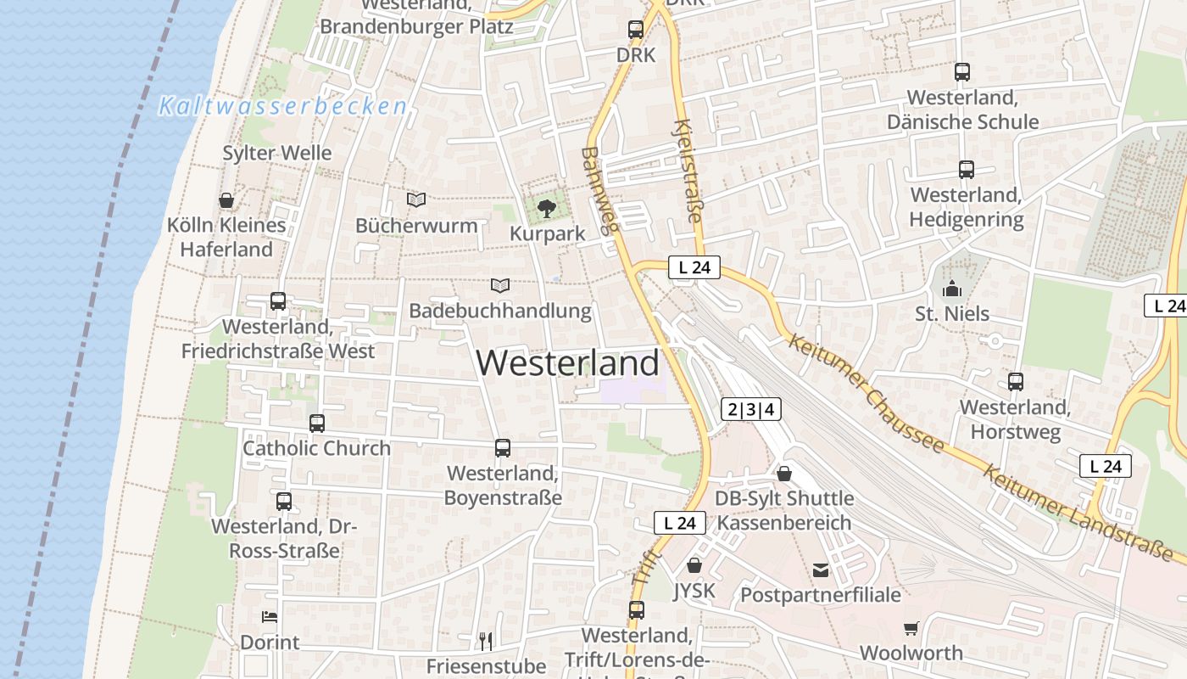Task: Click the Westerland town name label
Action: pyautogui.click(x=567, y=363)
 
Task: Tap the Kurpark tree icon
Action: pyautogui.click(x=547, y=208)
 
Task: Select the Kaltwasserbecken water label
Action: pyautogui.click(x=283, y=106)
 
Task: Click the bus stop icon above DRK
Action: pyautogui.click(x=636, y=30)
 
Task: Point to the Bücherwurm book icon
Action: pyautogui.click(x=415, y=200)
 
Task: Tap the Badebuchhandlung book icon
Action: pyautogui.click(x=500, y=286)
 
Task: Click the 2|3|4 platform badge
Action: pyautogui.click(x=751, y=409)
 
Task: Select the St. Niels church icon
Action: pyautogui.click(x=952, y=289)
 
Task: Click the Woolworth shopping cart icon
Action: pyautogui.click(x=911, y=628)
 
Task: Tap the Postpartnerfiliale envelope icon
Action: pyautogui.click(x=821, y=570)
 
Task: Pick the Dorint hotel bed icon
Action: pyautogui.click(x=270, y=617)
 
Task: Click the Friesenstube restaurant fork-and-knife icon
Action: pyautogui.click(x=486, y=641)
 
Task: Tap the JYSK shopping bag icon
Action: pyautogui.click(x=694, y=565)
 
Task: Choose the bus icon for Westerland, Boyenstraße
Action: pyautogui.click(x=503, y=447)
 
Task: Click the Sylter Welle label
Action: pyautogui.click(x=277, y=153)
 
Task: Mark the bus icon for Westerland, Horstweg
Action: pyautogui.click(x=1015, y=382)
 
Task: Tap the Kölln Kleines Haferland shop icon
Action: pyautogui.click(x=226, y=200)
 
